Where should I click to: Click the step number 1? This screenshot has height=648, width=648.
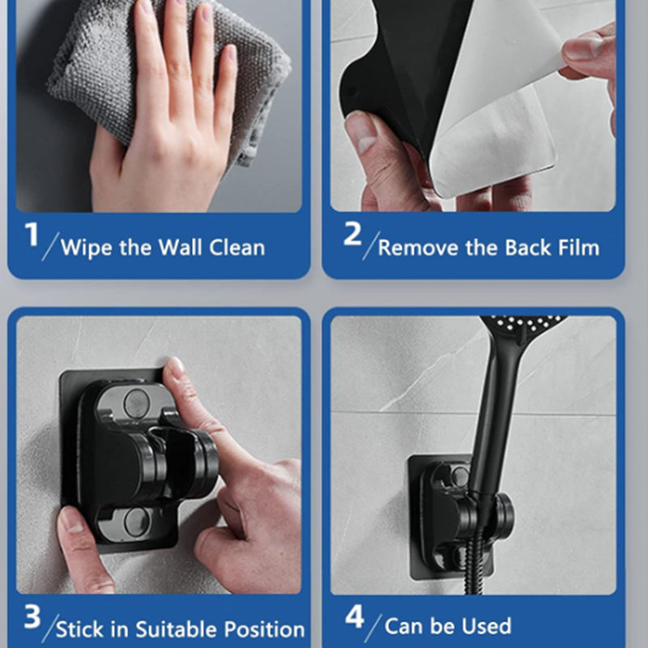(x=32, y=234)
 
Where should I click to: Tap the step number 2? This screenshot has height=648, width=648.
(x=352, y=233)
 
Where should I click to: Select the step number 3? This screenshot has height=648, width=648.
(x=32, y=617)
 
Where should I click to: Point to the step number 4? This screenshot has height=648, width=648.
(x=354, y=616)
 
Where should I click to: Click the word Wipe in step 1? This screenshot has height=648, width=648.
(x=86, y=248)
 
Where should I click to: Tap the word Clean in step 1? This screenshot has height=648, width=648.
(x=237, y=248)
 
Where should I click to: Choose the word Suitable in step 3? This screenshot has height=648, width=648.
(x=177, y=629)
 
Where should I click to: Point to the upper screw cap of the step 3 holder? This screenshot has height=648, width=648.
(x=135, y=403)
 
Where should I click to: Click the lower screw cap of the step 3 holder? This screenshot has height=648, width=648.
(x=135, y=522)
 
